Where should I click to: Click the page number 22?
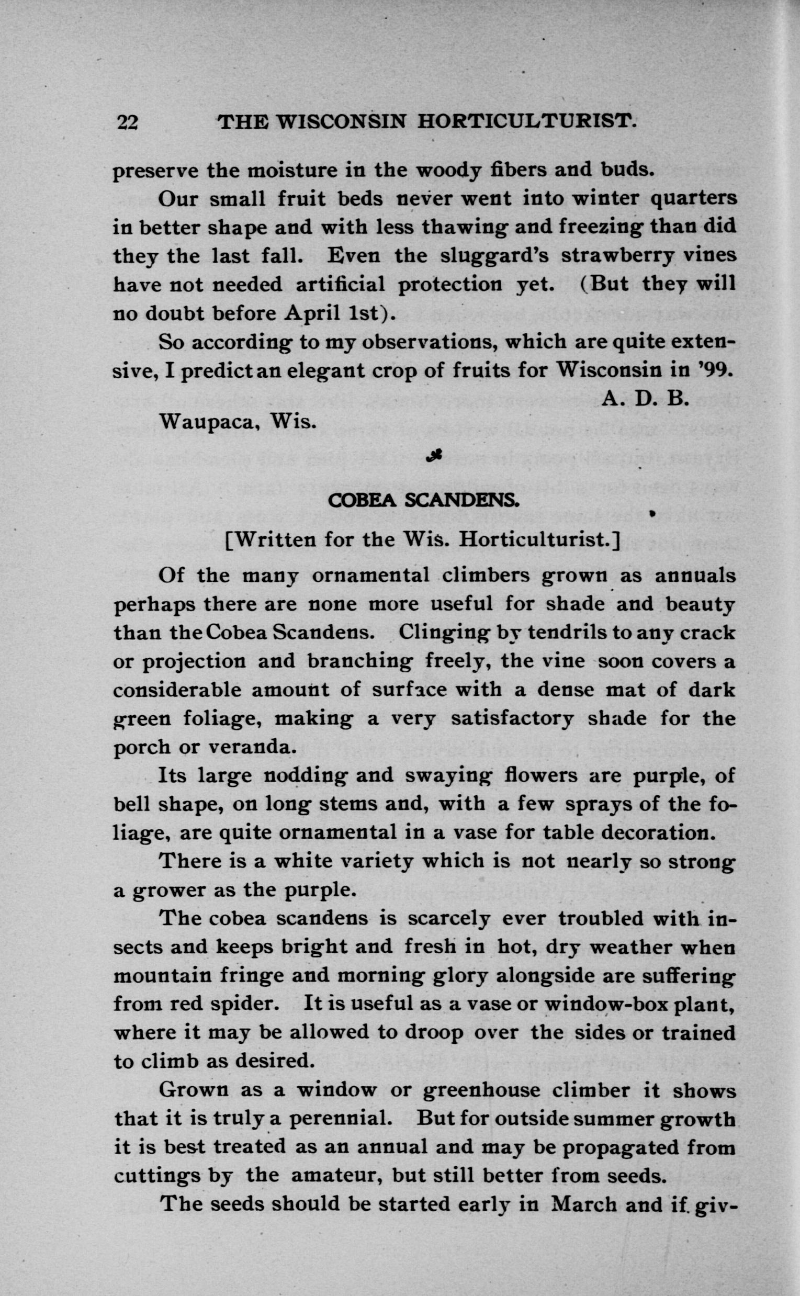(128, 122)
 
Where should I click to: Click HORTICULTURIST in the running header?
(526, 122)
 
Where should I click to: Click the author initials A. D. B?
(646, 399)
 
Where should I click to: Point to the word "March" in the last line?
(583, 1204)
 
